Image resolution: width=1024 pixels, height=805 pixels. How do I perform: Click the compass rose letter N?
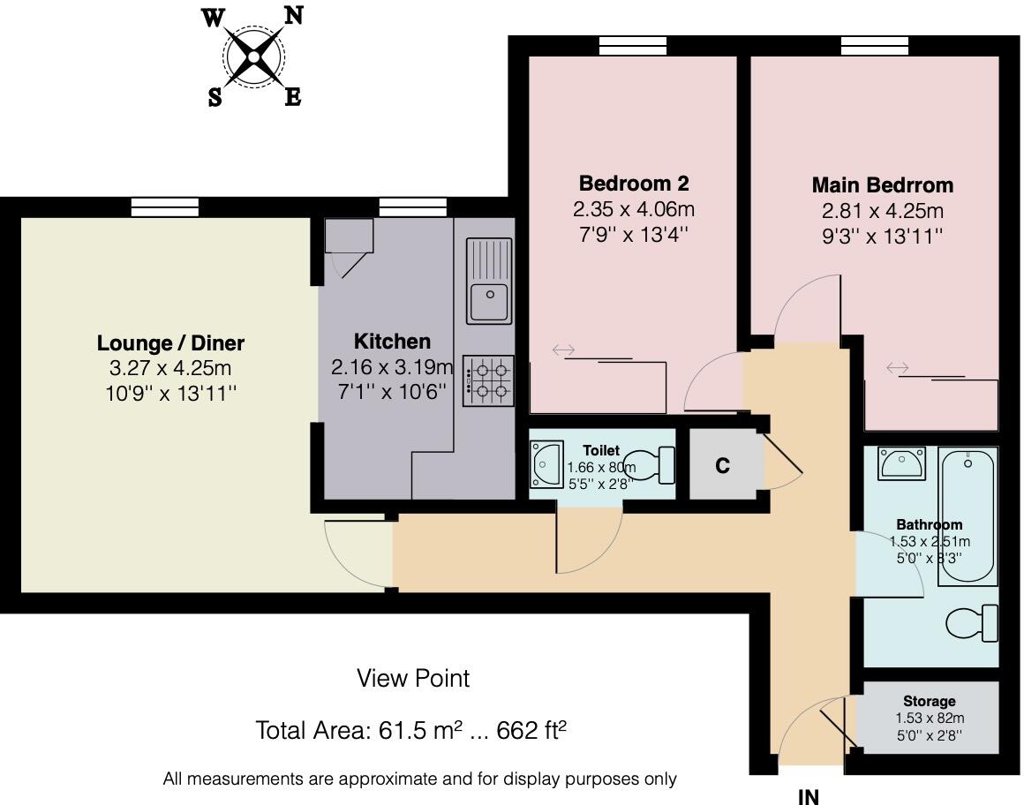point(294,15)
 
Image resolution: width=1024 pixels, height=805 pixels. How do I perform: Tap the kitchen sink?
point(489,282)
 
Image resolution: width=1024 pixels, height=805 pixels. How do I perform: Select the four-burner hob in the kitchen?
point(488,381)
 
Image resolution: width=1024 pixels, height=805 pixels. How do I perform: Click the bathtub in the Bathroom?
point(968,515)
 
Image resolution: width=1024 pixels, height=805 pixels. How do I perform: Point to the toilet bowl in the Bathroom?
point(972,623)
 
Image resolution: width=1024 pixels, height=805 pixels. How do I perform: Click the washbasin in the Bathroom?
point(901,463)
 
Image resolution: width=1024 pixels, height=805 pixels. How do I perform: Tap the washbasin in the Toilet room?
point(546,465)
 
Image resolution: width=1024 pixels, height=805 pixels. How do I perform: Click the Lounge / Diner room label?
point(170,342)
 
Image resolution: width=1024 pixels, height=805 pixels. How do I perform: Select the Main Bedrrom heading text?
point(882,184)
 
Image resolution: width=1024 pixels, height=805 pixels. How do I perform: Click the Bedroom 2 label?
point(634,184)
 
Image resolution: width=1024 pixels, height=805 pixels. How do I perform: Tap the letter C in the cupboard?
point(722,465)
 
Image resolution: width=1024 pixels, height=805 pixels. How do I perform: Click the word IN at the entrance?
point(809,796)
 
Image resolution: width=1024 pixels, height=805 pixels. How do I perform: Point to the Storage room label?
point(930,701)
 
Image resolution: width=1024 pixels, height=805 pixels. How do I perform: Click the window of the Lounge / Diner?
point(164,207)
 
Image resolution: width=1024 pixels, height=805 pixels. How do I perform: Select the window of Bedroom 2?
point(633,46)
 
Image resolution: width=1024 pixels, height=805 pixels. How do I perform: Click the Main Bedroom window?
point(875,46)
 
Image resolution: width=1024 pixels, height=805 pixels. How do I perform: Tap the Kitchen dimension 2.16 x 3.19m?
point(392,367)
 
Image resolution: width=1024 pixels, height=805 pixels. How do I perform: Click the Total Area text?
point(410,730)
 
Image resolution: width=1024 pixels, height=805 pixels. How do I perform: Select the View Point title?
point(413,679)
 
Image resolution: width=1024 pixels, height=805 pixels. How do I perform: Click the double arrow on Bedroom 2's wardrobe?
point(563,350)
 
